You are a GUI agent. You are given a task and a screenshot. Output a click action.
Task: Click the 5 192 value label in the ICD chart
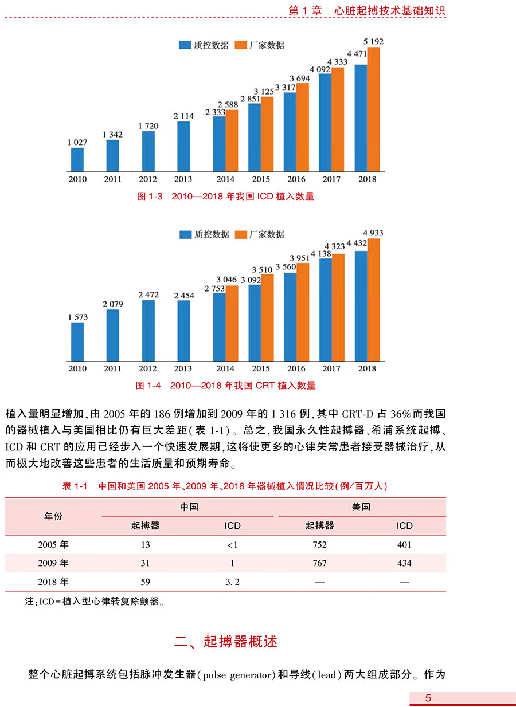[373, 41]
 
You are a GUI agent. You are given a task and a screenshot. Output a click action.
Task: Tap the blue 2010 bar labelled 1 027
[77, 160]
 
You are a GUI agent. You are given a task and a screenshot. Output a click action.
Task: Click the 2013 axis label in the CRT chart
[183, 368]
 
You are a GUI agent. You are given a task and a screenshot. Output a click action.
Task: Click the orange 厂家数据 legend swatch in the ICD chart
[241, 45]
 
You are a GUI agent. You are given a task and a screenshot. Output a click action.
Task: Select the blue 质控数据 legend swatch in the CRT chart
[185, 234]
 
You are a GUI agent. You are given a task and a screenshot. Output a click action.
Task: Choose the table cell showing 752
[320, 545]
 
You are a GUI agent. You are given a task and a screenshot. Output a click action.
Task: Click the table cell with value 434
[404, 563]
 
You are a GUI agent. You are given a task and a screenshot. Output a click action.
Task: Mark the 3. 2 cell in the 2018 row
[233, 582]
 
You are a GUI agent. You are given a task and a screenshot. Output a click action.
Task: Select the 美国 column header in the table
[361, 507]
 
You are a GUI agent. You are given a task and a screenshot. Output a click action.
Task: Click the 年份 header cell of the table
[53, 516]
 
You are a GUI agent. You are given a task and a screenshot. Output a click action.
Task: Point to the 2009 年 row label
[53, 563]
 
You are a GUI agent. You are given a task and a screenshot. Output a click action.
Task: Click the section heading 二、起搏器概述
[226, 642]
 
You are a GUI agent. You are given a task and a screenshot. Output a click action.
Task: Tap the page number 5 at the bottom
[428, 698]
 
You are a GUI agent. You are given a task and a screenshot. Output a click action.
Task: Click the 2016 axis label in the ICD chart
[296, 179]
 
